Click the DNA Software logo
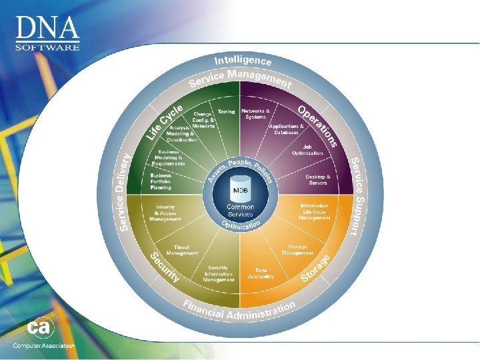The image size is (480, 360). [47, 33]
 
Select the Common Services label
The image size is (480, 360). [240, 211]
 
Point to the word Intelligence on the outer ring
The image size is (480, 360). [243, 61]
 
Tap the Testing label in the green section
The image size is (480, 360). [226, 111]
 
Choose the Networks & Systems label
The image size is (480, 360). [256, 113]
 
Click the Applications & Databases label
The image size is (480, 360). [287, 129]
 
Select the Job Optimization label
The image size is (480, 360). [307, 150]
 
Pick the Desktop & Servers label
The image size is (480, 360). [317, 179]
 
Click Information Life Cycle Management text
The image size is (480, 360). [315, 211]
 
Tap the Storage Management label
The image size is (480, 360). [297, 250]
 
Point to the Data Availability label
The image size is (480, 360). [261, 273]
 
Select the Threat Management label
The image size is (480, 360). [181, 250]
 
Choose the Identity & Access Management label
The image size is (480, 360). [165, 212]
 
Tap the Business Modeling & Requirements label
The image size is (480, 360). [167, 157]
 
